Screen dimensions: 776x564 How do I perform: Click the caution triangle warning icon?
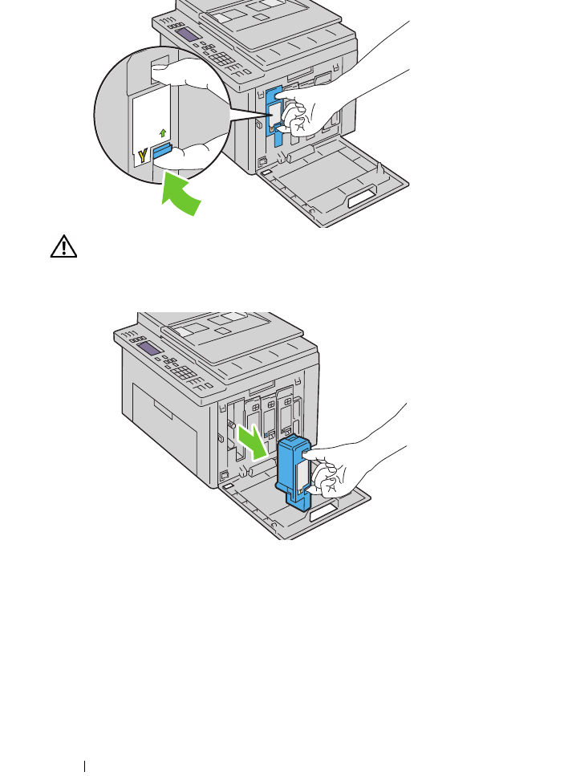tap(63, 248)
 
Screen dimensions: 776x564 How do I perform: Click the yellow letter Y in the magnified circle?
tap(143, 155)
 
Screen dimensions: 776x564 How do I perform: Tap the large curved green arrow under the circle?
tap(184, 196)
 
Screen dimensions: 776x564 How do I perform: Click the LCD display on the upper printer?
tap(189, 34)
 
